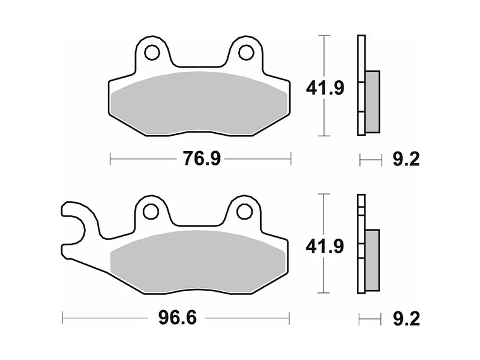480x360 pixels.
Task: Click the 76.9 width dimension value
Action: coord(201,159)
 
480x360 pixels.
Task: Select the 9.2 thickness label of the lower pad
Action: coord(405,318)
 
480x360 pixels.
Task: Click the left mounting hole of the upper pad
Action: coord(152,51)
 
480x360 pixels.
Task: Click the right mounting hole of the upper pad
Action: coord(245,51)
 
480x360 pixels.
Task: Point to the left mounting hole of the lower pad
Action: coord(151,211)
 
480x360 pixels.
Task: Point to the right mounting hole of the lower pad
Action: coord(244,211)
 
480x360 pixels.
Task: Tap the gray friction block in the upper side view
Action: coord(373,101)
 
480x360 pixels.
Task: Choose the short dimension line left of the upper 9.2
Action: coord(371,160)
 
